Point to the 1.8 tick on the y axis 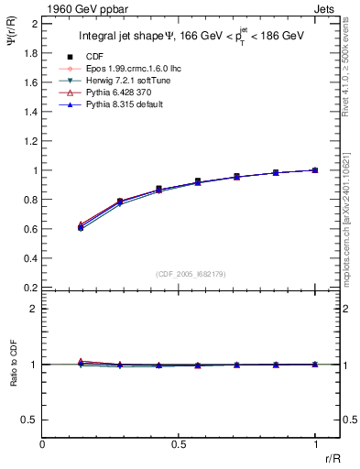pos(30,53)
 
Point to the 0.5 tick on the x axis pos(179,444)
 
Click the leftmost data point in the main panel pos(81,226)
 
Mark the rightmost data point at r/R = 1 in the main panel pos(315,170)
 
